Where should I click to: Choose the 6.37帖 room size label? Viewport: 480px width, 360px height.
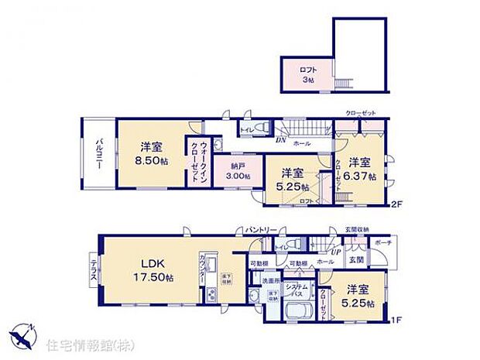point(362,177)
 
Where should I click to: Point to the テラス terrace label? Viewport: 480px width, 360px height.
point(94,272)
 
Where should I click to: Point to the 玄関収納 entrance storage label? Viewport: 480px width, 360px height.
point(356,229)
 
